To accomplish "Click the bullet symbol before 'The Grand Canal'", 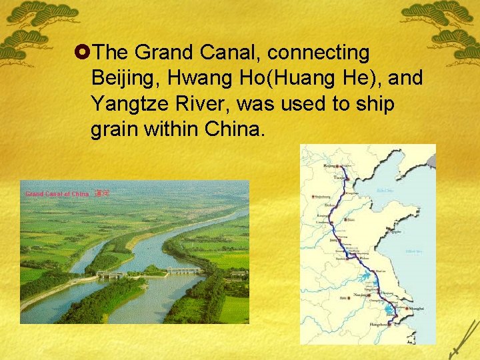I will click(84, 52).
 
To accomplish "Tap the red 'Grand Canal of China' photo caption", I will click(57, 194).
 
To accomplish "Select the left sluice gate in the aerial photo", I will click(110, 274).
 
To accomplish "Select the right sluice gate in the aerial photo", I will click(183, 271).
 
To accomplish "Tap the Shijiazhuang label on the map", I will click(322, 197).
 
